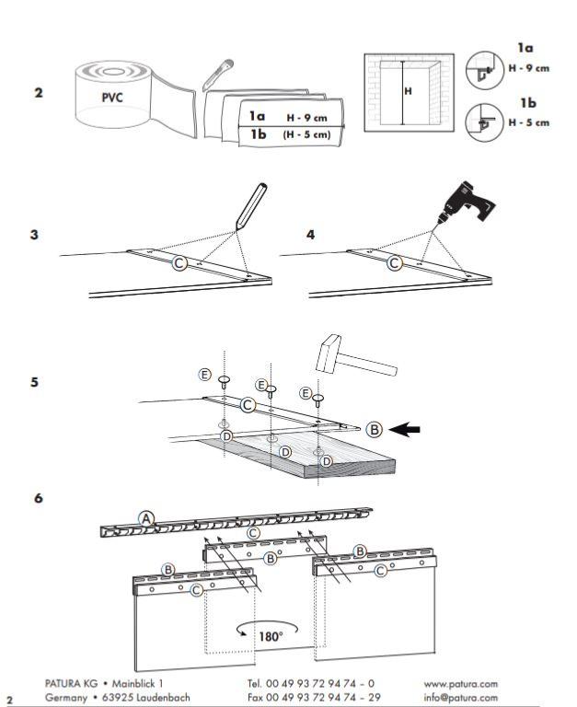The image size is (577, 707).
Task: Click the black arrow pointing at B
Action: click(x=407, y=428)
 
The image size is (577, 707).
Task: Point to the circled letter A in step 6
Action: click(x=145, y=518)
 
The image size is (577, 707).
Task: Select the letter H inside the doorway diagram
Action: click(x=409, y=91)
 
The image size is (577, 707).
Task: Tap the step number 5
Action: click(x=35, y=381)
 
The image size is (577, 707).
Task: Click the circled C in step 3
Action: click(x=180, y=263)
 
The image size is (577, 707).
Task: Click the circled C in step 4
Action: click(x=395, y=263)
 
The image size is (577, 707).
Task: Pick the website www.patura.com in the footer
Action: click(x=461, y=684)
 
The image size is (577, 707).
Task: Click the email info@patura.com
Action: click(x=461, y=697)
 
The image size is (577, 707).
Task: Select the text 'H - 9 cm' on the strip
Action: click(x=307, y=117)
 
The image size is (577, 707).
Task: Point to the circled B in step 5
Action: click(x=374, y=428)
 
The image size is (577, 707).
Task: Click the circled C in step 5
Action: click(x=248, y=404)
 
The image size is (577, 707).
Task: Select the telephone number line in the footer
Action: click(x=310, y=684)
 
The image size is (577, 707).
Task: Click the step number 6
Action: click(x=38, y=497)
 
